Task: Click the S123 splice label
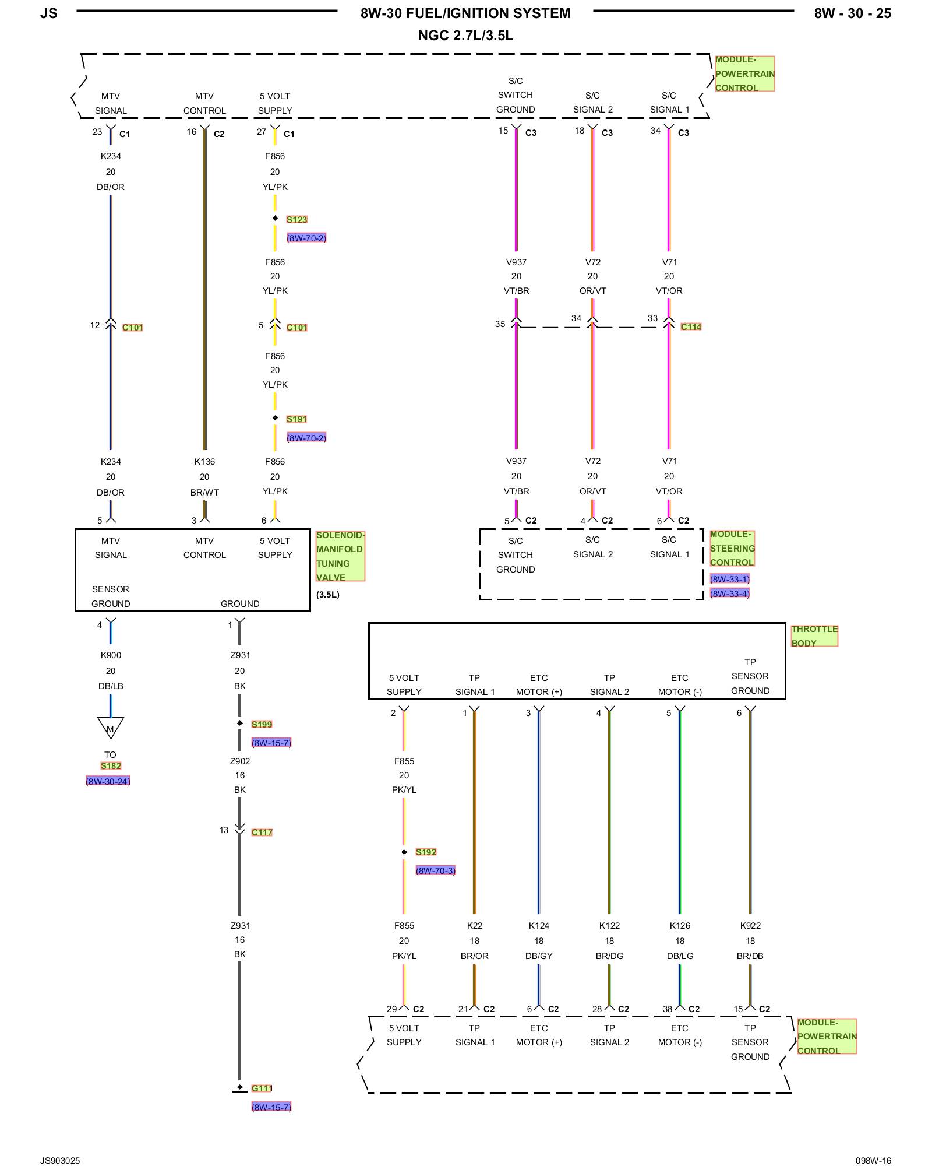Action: pyautogui.click(x=296, y=219)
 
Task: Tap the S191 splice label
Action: pyautogui.click(x=296, y=419)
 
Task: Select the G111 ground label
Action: pyautogui.click(x=262, y=1088)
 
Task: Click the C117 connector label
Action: pyautogui.click(x=262, y=832)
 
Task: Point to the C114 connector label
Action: pyautogui.click(x=691, y=326)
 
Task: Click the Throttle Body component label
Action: pyautogui.click(x=814, y=635)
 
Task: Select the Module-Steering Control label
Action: pyautogui.click(x=732, y=548)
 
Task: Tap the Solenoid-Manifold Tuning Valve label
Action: pyautogui.click(x=340, y=556)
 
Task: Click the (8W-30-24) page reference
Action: pyautogui.click(x=108, y=781)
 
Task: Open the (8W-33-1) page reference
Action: pyautogui.click(x=729, y=579)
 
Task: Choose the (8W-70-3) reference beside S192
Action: pyautogui.click(x=435, y=870)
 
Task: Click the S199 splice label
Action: pyautogui.click(x=262, y=724)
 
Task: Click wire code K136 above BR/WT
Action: pyautogui.click(x=204, y=461)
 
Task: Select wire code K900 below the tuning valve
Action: pyautogui.click(x=111, y=655)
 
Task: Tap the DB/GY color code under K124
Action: pyautogui.click(x=539, y=956)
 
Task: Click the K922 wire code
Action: pyautogui.click(x=750, y=925)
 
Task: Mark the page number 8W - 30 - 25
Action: pyautogui.click(x=852, y=13)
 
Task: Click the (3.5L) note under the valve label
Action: pyautogui.click(x=327, y=595)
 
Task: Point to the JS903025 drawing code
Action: pyautogui.click(x=60, y=1160)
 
